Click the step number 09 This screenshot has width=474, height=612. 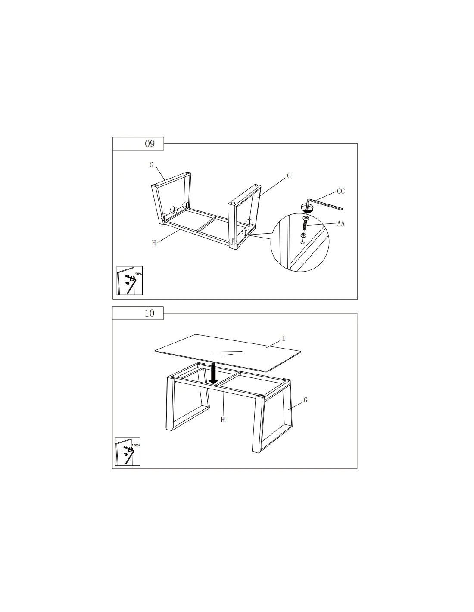tap(150, 144)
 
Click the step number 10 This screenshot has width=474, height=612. tap(150, 313)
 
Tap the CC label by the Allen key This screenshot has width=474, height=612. tap(340, 191)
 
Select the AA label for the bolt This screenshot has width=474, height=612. tap(340, 224)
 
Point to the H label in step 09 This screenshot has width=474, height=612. tap(154, 243)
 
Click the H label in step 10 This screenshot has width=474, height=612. tap(222, 420)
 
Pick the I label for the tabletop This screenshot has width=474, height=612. tap(284, 339)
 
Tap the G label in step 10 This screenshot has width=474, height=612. tap(306, 400)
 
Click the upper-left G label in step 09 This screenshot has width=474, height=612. tap(151, 165)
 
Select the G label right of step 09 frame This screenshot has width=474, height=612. tap(289, 176)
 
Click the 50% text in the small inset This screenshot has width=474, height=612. tap(138, 274)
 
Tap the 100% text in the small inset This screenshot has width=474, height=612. tap(136, 445)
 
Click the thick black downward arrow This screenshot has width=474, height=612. tap(213, 374)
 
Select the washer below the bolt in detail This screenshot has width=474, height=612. tap(303, 235)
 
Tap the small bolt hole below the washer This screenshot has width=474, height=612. tap(303, 242)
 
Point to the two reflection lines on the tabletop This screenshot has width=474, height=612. tap(226, 353)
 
